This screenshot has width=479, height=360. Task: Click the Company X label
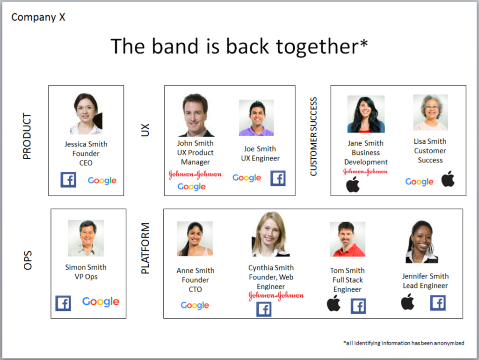point(38,17)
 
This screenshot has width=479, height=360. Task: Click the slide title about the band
point(239,47)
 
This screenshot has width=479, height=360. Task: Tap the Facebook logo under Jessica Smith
point(68,180)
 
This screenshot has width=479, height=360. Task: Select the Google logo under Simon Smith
point(101,302)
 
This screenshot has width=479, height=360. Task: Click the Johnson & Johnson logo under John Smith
point(195,175)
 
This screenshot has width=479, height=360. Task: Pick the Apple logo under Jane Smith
point(353,184)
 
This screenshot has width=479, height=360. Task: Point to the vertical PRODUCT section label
point(27,136)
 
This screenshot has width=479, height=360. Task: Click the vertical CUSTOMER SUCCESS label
point(313,137)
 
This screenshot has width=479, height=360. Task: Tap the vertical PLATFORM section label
point(145,248)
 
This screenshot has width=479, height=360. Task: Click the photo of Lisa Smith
point(430,112)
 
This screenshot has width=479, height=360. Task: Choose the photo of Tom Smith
point(348,239)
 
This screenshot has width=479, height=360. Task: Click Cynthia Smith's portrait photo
point(270,235)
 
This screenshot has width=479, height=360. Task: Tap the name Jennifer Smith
point(425,276)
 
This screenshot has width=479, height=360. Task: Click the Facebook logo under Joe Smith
point(278,178)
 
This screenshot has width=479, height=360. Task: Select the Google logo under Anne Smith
point(195,305)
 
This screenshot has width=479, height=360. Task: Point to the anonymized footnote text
point(404,343)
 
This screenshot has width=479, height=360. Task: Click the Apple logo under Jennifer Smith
point(407,302)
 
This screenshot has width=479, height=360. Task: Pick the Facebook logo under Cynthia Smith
point(264,309)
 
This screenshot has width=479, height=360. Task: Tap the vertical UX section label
point(145,130)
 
